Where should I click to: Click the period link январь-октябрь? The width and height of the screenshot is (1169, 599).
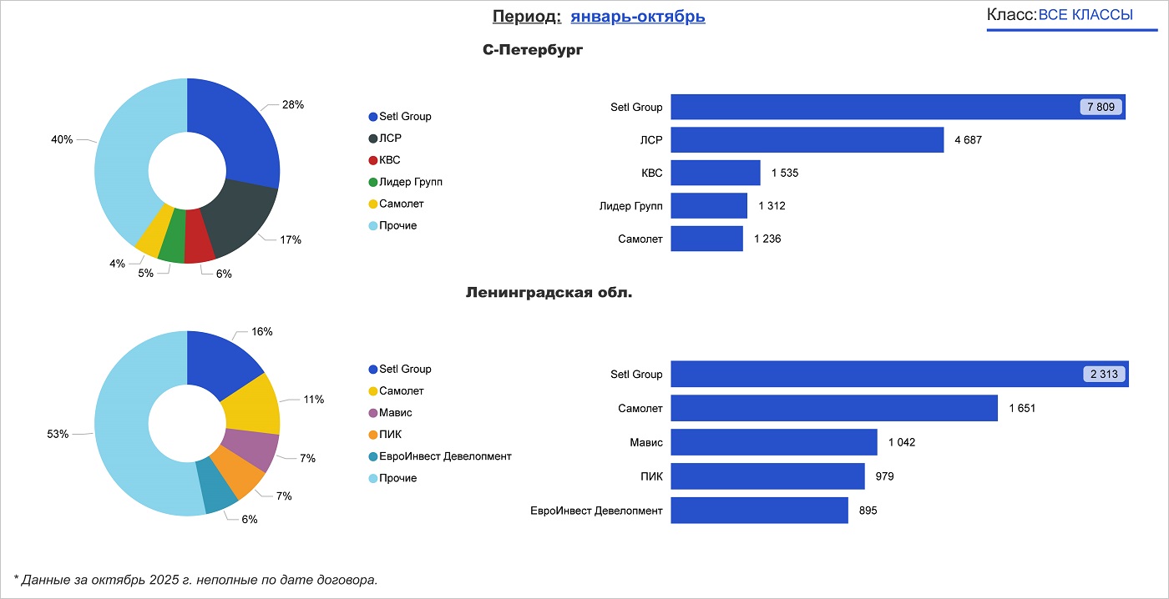pyautogui.click(x=638, y=17)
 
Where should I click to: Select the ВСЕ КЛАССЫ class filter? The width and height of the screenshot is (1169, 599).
pyautogui.click(x=1085, y=15)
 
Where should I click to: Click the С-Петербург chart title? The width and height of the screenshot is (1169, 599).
pyautogui.click(x=533, y=50)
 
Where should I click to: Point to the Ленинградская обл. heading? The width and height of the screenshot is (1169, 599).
pyautogui.click(x=549, y=293)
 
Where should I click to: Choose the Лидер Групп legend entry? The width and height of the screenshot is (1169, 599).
pyautogui.click(x=410, y=182)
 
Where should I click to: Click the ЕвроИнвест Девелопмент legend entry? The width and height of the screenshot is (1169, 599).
pyautogui.click(x=444, y=456)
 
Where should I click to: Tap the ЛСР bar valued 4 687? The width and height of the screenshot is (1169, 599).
pyautogui.click(x=807, y=140)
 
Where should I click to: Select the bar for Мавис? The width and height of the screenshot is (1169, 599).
pyautogui.click(x=773, y=442)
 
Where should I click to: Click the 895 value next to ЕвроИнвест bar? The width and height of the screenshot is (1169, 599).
pyautogui.click(x=868, y=511)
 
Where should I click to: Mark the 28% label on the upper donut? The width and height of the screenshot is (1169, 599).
pyautogui.click(x=292, y=105)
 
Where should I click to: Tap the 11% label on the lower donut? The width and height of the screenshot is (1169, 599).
pyautogui.click(x=313, y=400)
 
